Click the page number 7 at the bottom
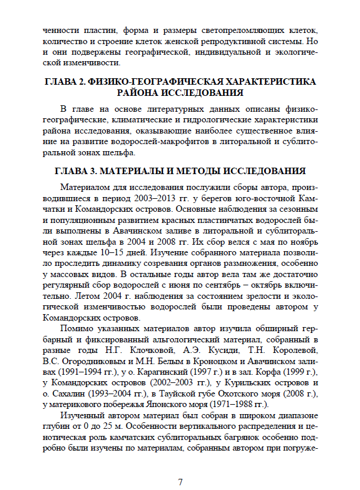[x=180, y=466]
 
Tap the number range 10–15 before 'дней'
[x=96, y=238]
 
